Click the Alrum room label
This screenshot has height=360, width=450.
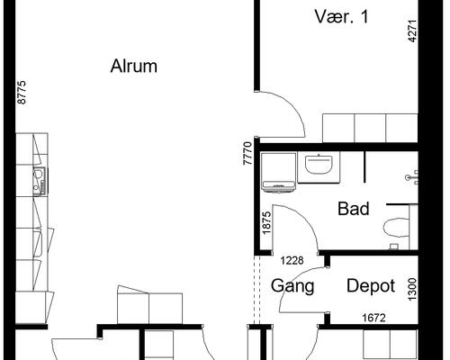134,66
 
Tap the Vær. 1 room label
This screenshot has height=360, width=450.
341,16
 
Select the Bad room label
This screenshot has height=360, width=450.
354,209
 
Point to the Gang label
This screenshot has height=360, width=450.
292,286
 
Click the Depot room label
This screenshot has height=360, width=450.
371,286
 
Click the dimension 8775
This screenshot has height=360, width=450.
22,93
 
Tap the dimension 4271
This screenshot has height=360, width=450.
413,31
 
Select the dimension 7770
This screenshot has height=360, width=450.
247,153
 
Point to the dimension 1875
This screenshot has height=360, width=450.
266,223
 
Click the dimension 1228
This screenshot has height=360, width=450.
292,260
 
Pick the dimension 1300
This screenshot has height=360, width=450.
413,289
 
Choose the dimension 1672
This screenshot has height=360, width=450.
373,318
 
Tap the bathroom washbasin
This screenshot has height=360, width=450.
319,164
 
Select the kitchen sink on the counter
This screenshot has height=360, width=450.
40,181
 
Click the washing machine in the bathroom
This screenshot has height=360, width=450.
278,172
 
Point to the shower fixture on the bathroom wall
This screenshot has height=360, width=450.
412,177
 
